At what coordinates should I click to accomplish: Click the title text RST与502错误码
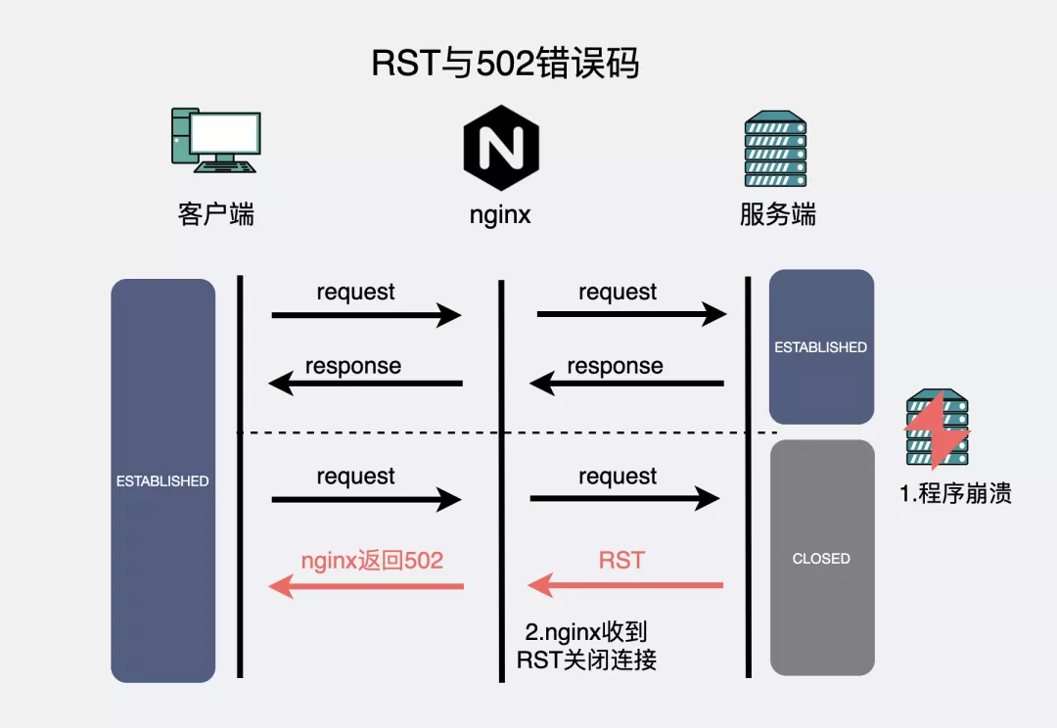[505, 65]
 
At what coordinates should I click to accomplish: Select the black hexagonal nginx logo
[502, 150]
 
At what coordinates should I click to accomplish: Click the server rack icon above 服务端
[775, 150]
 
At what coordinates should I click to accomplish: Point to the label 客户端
[216, 214]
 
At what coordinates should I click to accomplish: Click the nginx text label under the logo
[500, 215]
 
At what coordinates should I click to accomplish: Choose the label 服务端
[778, 214]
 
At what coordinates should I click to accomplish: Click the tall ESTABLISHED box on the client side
[162, 480]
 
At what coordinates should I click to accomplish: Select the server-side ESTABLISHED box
[820, 346]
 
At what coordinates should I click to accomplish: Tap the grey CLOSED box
[821, 558]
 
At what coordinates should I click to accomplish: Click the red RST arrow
[625, 586]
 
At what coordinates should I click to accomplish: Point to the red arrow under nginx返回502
[366, 586]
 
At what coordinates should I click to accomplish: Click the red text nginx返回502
[371, 560]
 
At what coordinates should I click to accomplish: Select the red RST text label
[621, 560]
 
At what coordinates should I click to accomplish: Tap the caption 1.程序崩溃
[955, 493]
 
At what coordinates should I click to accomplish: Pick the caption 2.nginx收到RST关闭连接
[587, 646]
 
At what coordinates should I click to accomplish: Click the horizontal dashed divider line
[509, 432]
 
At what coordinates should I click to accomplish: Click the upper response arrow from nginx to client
[366, 384]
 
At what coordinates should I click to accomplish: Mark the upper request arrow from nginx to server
[631, 314]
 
